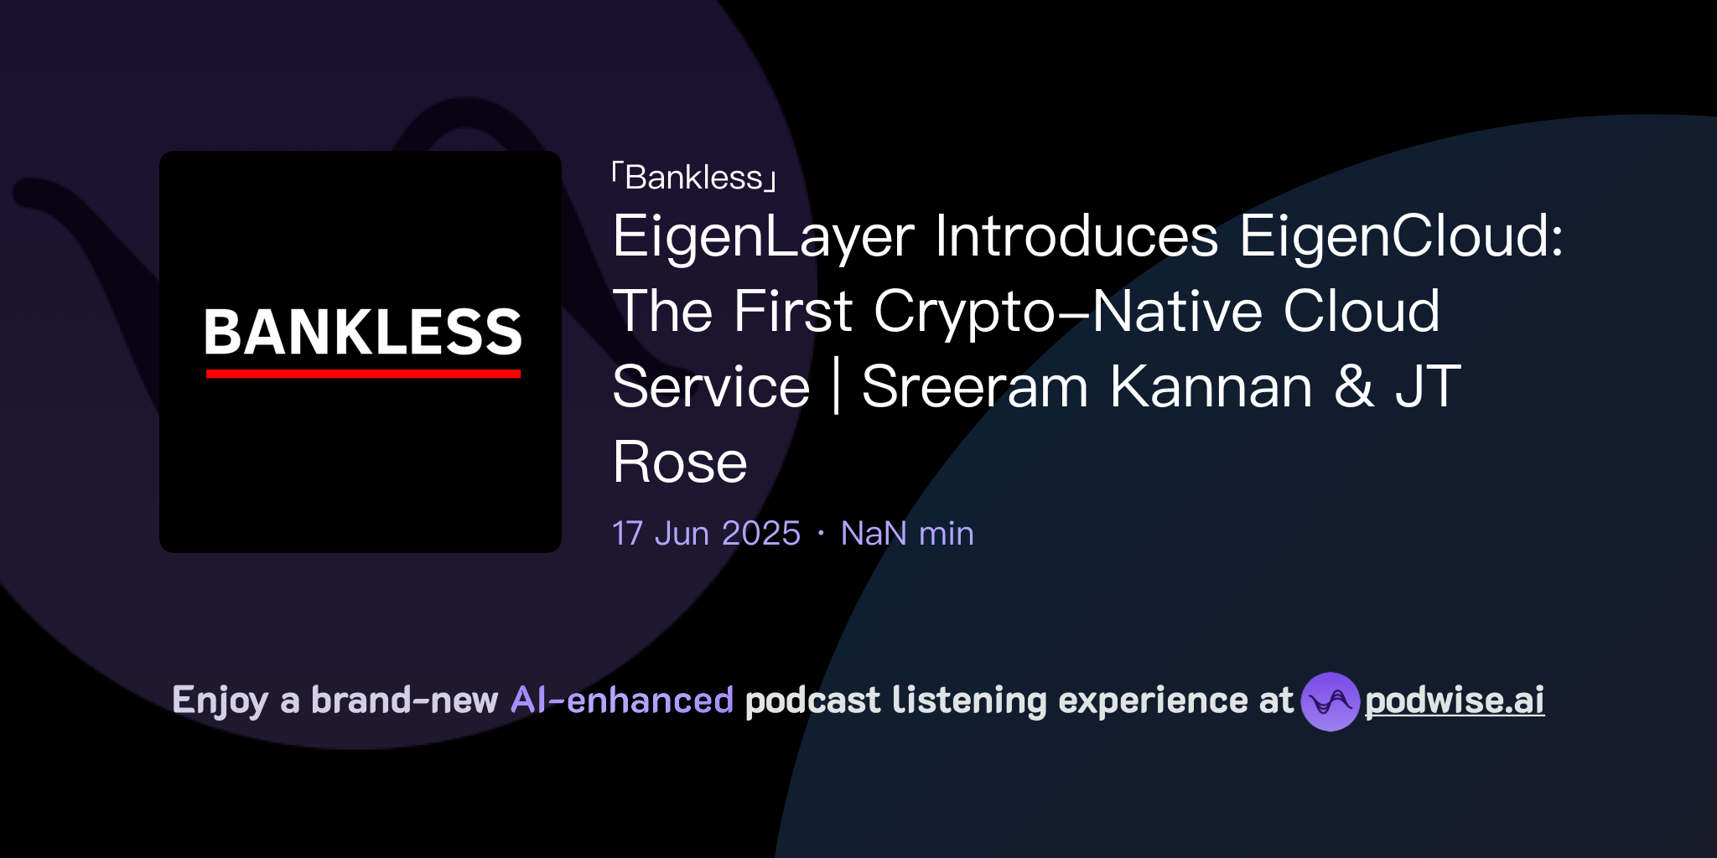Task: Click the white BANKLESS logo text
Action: (362, 332)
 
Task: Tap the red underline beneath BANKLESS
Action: (363, 374)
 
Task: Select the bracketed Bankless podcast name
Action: (694, 178)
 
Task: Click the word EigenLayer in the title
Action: (763, 236)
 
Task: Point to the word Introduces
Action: (1076, 236)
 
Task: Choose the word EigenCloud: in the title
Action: (1401, 236)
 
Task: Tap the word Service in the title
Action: (711, 387)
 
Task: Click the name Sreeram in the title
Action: (974, 387)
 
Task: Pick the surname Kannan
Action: (1211, 387)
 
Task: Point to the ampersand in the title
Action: (1354, 387)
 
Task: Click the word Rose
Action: (679, 463)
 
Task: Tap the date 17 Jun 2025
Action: (706, 534)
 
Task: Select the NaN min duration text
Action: (907, 534)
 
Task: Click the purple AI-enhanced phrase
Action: (622, 700)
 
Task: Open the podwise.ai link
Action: (1455, 700)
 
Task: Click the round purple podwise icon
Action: (1330, 701)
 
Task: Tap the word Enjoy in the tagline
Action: (220, 700)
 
